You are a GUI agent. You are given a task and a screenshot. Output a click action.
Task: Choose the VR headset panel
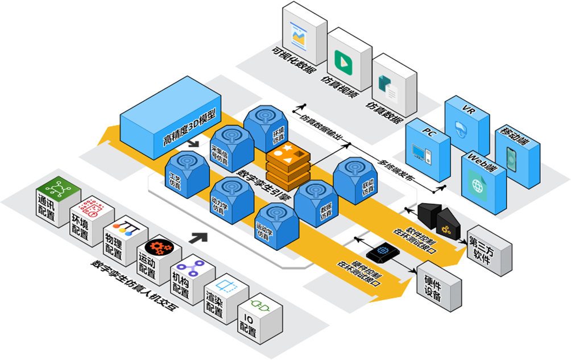point(466,125)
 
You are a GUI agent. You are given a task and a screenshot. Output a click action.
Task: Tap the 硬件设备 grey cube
point(439,283)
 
